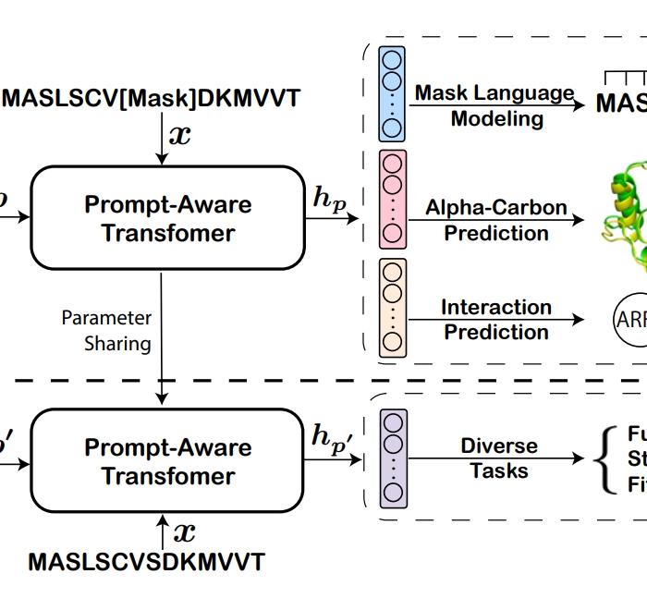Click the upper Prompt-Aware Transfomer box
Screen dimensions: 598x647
pos(168,218)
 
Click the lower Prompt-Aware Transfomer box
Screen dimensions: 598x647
pos(168,461)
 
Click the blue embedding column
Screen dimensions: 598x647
pos(393,93)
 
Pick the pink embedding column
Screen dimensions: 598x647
pos(393,199)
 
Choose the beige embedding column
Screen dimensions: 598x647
pos(393,308)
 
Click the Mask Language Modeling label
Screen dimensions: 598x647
pos(494,105)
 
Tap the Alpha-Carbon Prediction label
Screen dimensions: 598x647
pos(496,220)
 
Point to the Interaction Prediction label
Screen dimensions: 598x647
pos(496,319)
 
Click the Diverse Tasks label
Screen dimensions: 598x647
pos(499,458)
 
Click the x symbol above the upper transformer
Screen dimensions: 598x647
pos(179,134)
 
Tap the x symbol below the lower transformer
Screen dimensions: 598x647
pos(185,532)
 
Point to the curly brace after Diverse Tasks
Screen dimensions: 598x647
pos(607,459)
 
